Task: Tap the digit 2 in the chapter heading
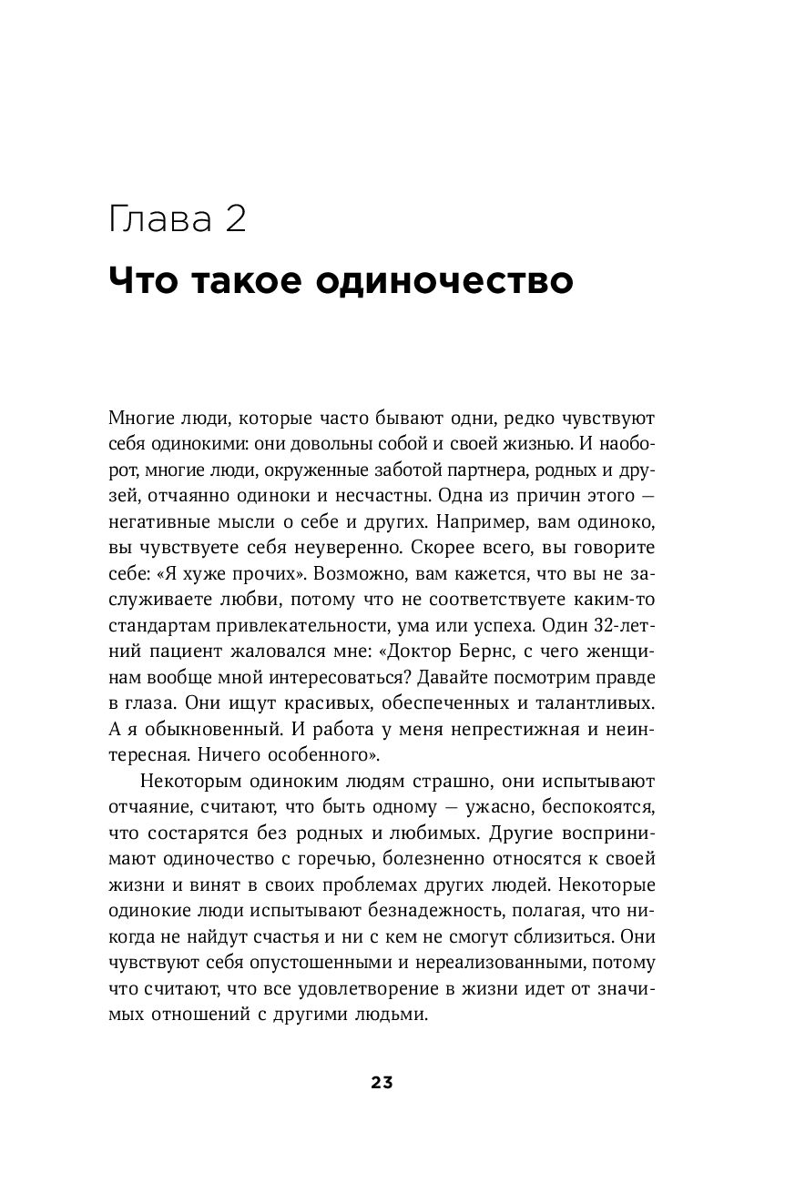tap(234, 221)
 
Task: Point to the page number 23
tap(382, 1083)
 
